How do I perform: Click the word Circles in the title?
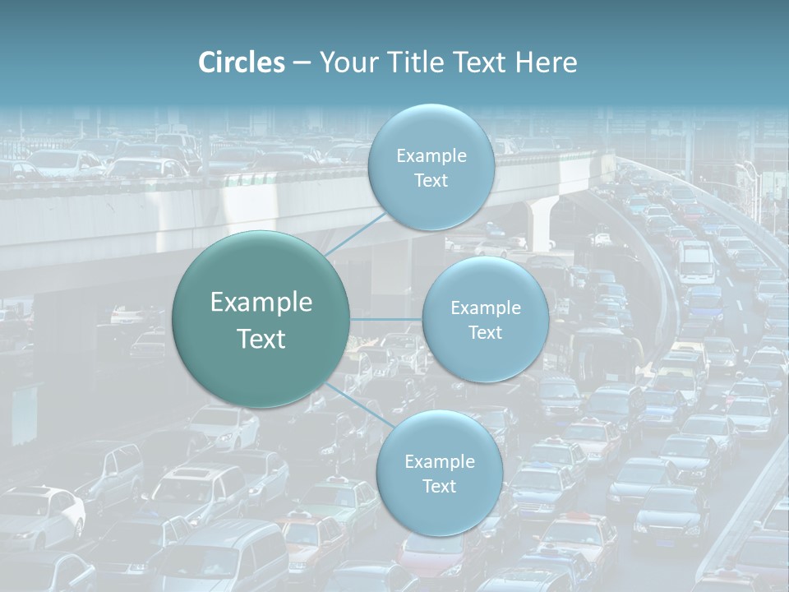pyautogui.click(x=242, y=62)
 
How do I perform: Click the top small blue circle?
pyautogui.click(x=431, y=167)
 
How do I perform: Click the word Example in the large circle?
pyautogui.click(x=261, y=303)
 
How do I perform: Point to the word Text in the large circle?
pyautogui.click(x=261, y=339)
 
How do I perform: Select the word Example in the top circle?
pyautogui.click(x=431, y=155)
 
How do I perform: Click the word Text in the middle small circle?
pyautogui.click(x=485, y=332)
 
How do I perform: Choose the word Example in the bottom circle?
pyautogui.click(x=439, y=461)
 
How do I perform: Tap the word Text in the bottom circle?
pyautogui.click(x=439, y=486)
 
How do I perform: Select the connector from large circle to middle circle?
pyautogui.click(x=386, y=318)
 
